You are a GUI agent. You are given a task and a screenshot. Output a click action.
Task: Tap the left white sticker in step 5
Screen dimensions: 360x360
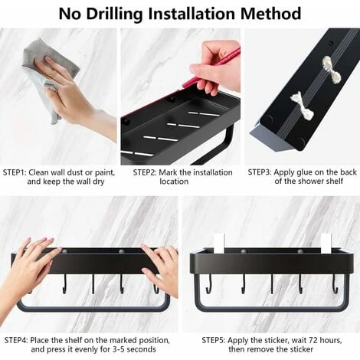218,243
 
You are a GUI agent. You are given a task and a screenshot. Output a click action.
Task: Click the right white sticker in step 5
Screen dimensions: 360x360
326,243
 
